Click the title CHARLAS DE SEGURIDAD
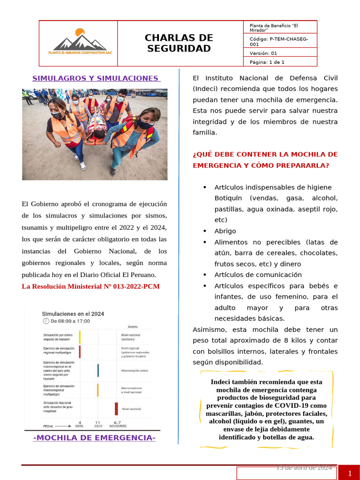tap(179, 43)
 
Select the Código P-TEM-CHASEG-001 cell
tap(280, 41)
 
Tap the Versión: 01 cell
tap(264, 53)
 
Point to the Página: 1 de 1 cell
tap(267, 62)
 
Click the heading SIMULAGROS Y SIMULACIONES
tap(96, 78)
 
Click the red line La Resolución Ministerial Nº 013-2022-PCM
tap(91, 286)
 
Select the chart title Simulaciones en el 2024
tap(73, 314)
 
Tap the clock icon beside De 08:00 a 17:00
tap(45, 321)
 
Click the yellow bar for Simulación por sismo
tap(80, 337)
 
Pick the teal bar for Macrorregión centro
tap(98, 370)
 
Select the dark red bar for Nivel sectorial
tap(116, 408)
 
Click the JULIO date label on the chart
tap(97, 426)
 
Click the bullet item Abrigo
tap(225, 231)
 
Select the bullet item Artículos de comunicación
tap(258, 275)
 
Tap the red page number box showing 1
tap(350, 473)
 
